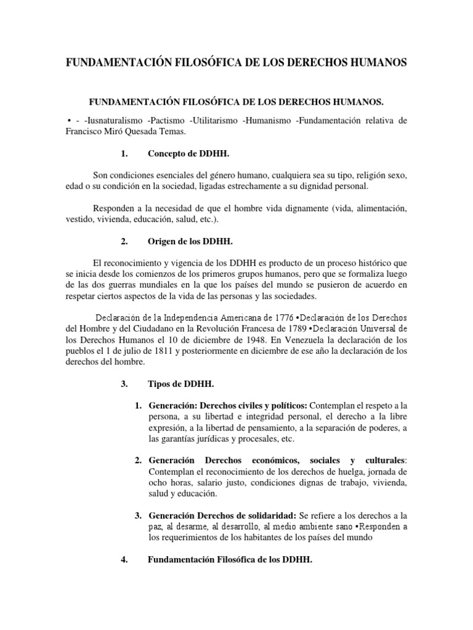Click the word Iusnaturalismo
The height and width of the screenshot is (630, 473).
point(119,120)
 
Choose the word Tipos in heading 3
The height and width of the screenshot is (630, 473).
point(160,384)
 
